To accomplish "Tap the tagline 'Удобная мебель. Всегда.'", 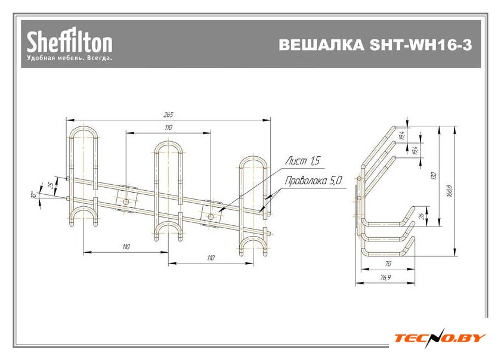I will pyautogui.click(x=69, y=59).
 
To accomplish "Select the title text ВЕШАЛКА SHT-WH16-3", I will pyautogui.click(x=375, y=46).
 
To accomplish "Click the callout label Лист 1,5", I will pyautogui.click(x=302, y=161).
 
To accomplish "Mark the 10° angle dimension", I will pyautogui.click(x=35, y=194).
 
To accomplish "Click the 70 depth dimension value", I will pyautogui.click(x=388, y=263).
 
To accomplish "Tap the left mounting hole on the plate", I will pyautogui.click(x=126, y=202).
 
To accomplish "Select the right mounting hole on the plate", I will pyautogui.click(x=210, y=216).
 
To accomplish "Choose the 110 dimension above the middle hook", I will pyautogui.click(x=168, y=128).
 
